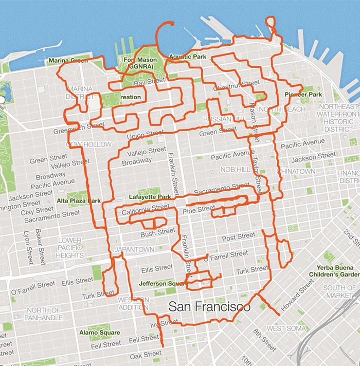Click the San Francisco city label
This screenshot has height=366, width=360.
tap(209, 307)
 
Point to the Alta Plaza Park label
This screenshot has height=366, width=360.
tap(79, 201)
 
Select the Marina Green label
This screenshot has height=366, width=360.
tap(68, 61)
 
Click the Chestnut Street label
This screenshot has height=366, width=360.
tap(237, 83)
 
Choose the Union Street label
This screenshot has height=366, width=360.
tap(145, 135)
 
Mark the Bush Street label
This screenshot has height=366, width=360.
tap(158, 232)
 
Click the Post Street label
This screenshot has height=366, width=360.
tap(239, 236)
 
